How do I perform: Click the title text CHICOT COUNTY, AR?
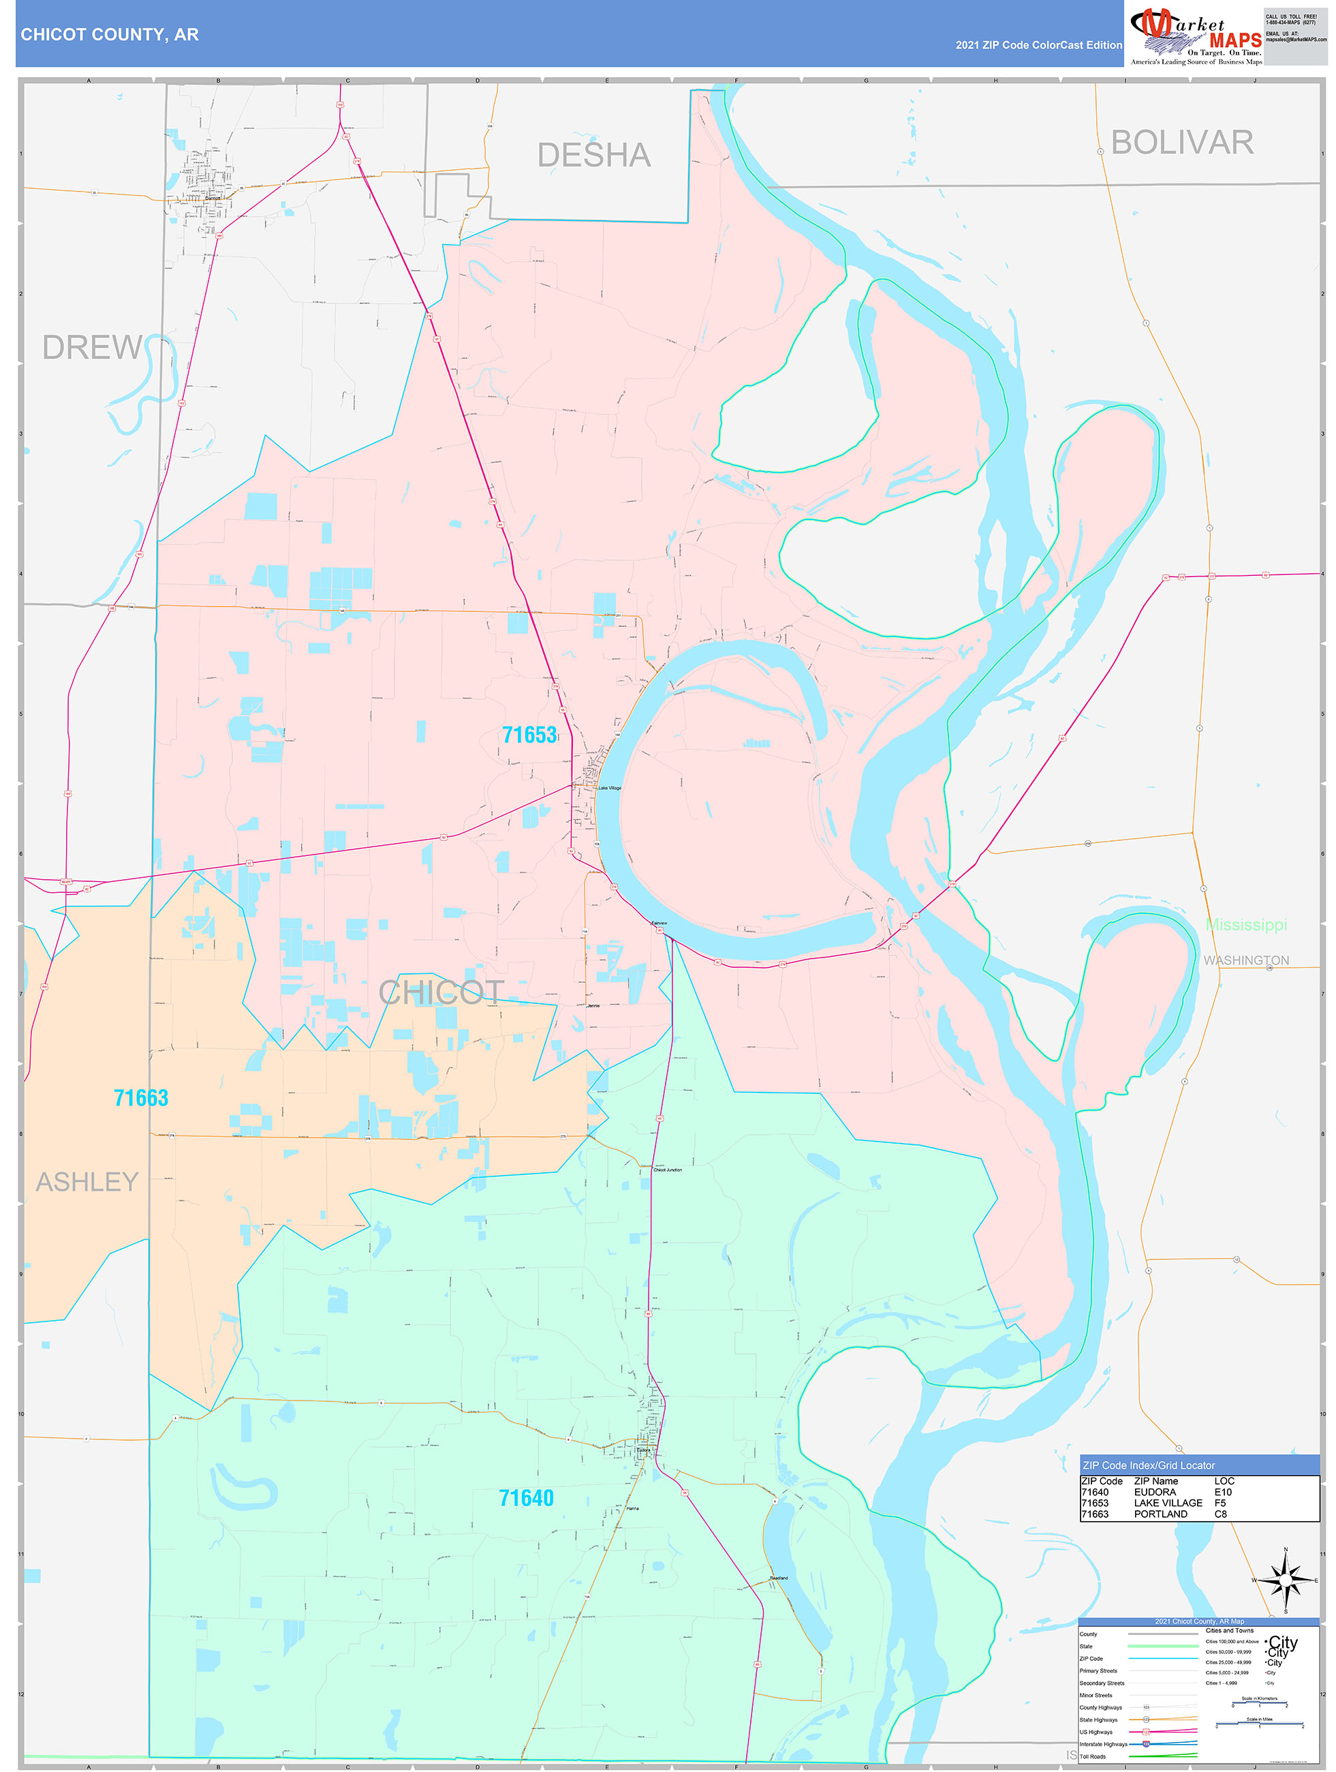(x=110, y=35)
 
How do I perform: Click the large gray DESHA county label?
(x=593, y=155)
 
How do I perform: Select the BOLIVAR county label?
(x=1181, y=142)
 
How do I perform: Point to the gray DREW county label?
(x=91, y=348)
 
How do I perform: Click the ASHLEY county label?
(x=87, y=1182)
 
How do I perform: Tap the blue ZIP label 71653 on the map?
(x=529, y=735)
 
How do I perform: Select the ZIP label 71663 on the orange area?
(x=141, y=1097)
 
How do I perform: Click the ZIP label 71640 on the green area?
(x=526, y=1498)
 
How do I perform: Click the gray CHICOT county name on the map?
(x=441, y=994)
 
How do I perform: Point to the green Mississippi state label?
(x=1246, y=926)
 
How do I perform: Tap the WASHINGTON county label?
(x=1246, y=960)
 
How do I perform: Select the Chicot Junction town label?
(x=667, y=1170)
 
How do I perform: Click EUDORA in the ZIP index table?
(x=1154, y=1492)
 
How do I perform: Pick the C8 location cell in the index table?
(x=1220, y=1514)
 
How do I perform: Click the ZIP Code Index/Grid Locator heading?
(x=1149, y=1465)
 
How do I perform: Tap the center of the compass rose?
(x=1286, y=1581)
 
